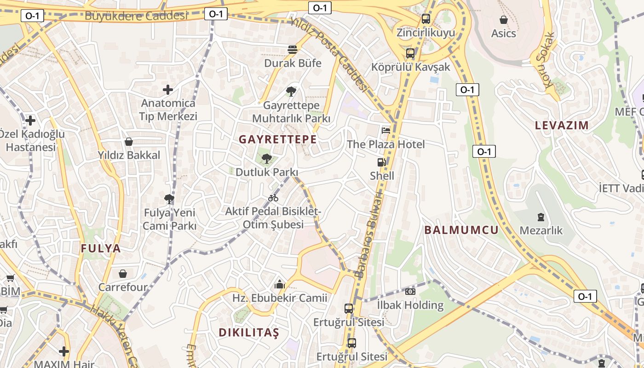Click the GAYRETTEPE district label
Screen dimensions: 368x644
[278, 139]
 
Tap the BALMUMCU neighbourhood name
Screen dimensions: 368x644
[461, 230]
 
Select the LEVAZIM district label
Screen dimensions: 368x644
[562, 125]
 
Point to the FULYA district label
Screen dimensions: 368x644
[101, 248]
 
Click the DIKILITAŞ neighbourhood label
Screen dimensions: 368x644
[249, 333]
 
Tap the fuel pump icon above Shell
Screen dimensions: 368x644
[381, 162]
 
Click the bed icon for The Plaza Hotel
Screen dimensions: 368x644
[386, 130]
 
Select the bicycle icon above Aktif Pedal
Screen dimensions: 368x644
[273, 198]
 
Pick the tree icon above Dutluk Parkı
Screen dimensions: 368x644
[266, 159]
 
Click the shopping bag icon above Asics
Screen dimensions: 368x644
[504, 20]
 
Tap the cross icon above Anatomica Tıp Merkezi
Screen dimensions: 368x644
[168, 89]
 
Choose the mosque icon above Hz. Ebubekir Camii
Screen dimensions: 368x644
[279, 285]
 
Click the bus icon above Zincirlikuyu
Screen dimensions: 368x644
[426, 19]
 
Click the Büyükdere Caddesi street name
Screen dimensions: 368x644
[136, 16]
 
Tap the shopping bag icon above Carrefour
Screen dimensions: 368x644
[123, 274]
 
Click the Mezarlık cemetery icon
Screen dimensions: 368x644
[541, 217]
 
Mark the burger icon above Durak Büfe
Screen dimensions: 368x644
[293, 49]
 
